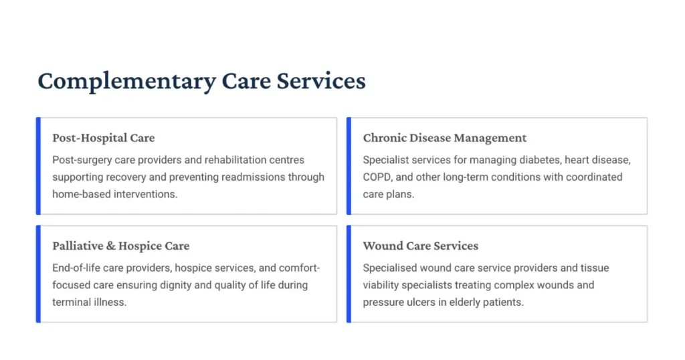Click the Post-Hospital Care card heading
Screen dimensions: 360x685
coord(103,138)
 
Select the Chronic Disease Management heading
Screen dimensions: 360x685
coord(445,138)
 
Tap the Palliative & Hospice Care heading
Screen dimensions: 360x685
coord(120,246)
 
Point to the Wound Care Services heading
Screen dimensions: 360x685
coord(420,246)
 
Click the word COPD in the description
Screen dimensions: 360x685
coord(377,177)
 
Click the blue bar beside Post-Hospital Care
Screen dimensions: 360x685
coord(38,166)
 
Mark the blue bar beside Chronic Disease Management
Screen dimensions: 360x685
coord(349,166)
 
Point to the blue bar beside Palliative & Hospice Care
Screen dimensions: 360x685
coord(38,274)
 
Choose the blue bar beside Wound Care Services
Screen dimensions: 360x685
coord(349,274)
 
